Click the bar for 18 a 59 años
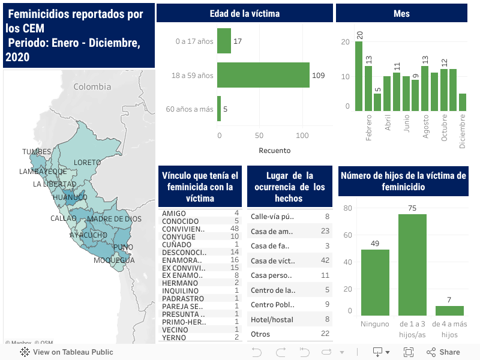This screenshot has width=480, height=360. pos(263,75)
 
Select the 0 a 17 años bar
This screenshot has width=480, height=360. pos(224,41)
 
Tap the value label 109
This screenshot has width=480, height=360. pos(319,76)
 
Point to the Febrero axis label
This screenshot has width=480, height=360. pos(369,127)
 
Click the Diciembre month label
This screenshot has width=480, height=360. pos(463,131)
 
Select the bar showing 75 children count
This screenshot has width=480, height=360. pos(412,265)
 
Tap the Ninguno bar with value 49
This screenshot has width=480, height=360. pos(375,282)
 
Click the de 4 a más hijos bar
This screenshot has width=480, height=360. pos(449,310)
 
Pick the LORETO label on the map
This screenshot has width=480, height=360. pos(87,163)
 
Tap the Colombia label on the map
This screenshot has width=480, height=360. pos(92,87)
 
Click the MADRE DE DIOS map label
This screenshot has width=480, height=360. pos(114,219)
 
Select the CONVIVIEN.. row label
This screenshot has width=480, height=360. pos(183,229)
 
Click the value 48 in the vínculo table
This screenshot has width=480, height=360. pos(235,229)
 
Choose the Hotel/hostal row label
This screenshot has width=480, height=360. pos(272,320)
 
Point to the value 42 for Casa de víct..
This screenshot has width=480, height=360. pos(325,260)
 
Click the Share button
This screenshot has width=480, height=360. pos(443,352)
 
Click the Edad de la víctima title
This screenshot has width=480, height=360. pos(245,13)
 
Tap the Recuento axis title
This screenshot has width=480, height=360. pos(274,150)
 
